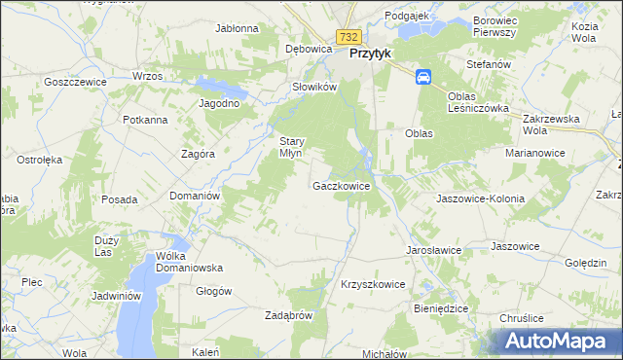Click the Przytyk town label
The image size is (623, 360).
(369, 54)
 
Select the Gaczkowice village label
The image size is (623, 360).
(341, 185)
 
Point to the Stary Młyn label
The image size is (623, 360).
(293, 146)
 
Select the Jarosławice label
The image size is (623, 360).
(433, 249)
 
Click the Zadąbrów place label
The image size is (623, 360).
(288, 315)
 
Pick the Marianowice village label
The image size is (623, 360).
(536, 153)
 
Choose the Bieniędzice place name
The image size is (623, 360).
(441, 307)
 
